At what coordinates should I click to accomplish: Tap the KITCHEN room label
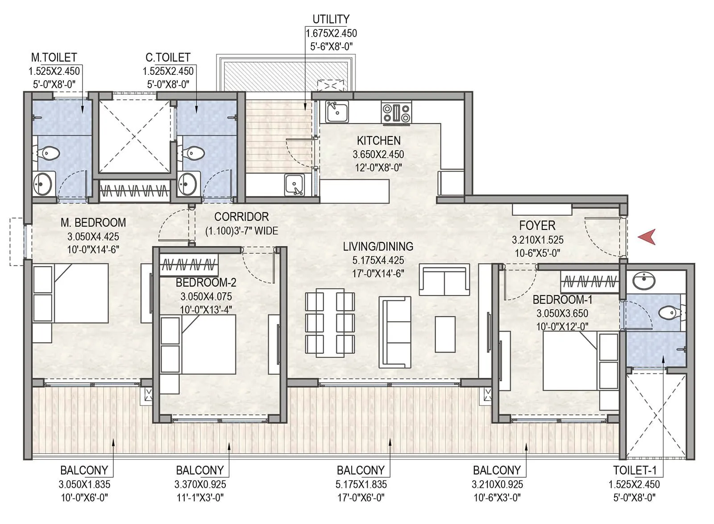click(378, 141)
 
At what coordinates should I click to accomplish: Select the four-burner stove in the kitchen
click(396, 112)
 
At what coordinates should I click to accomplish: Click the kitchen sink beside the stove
click(337, 111)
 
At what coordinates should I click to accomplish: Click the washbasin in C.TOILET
click(187, 183)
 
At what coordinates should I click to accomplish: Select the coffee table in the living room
click(445, 334)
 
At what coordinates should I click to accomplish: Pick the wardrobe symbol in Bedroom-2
click(189, 266)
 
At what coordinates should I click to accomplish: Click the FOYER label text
click(537, 225)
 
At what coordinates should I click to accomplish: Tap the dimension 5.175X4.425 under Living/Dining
click(378, 260)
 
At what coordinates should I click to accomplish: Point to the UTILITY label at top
click(331, 19)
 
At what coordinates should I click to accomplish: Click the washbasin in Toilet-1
click(643, 281)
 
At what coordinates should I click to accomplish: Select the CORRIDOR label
click(241, 217)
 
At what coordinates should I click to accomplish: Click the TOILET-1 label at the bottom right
click(634, 470)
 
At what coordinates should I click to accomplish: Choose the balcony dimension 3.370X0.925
click(200, 484)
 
